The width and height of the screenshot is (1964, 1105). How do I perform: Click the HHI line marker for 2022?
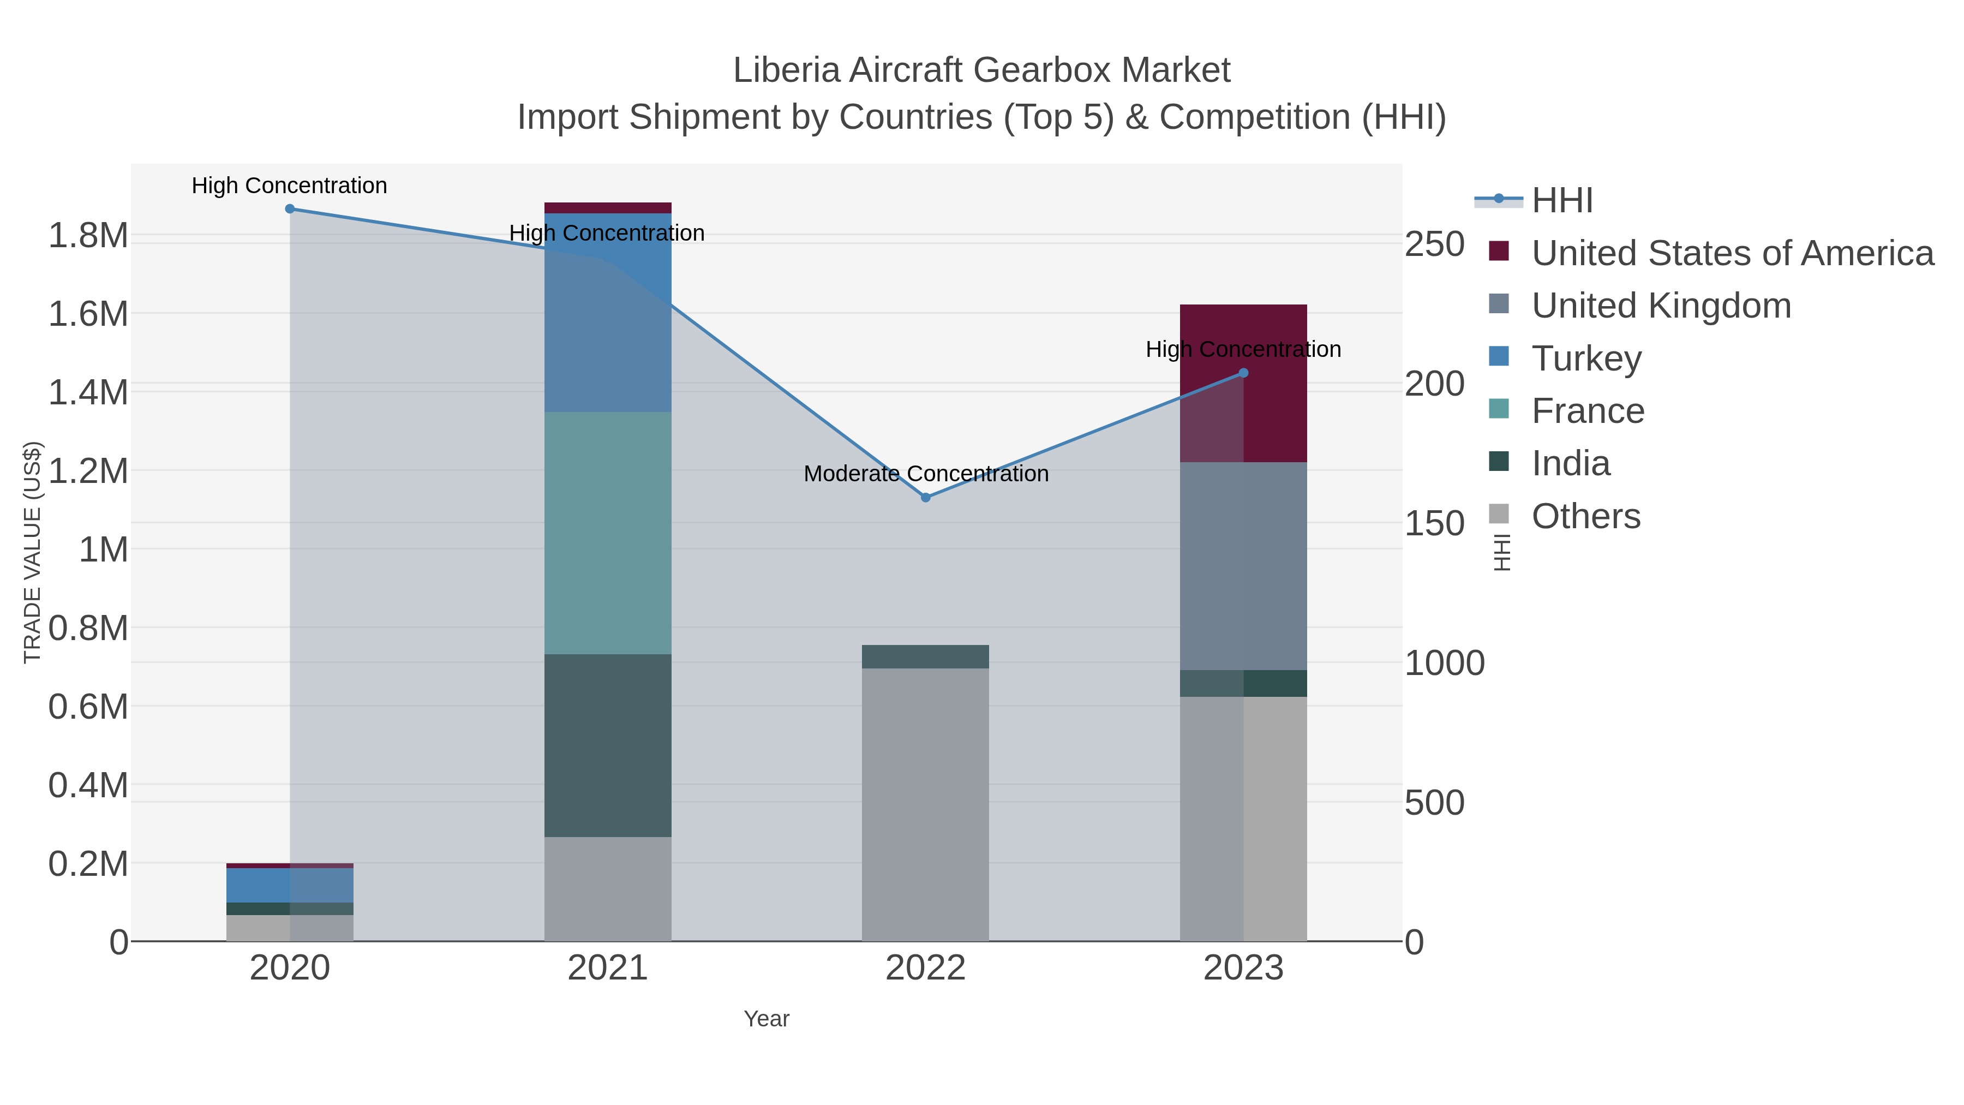point(926,497)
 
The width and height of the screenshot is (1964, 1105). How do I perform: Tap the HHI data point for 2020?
point(290,209)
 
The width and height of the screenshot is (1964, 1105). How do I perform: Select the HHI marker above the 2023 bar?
point(1243,373)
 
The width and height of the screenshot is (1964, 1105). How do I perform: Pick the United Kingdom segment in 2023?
point(1243,566)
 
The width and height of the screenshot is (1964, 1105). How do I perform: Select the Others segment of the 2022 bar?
point(926,804)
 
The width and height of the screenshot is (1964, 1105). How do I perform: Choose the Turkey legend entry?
point(1586,359)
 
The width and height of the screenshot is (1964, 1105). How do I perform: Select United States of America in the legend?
point(1731,253)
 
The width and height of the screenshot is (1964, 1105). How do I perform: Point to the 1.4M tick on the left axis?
point(88,393)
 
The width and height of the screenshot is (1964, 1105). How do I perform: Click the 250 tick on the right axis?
point(1435,245)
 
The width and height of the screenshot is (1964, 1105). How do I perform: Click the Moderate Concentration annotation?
point(926,474)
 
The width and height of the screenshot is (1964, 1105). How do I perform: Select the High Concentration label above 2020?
point(290,186)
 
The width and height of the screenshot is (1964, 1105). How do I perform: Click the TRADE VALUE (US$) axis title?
point(33,552)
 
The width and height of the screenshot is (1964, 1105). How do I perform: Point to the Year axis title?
point(767,1019)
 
